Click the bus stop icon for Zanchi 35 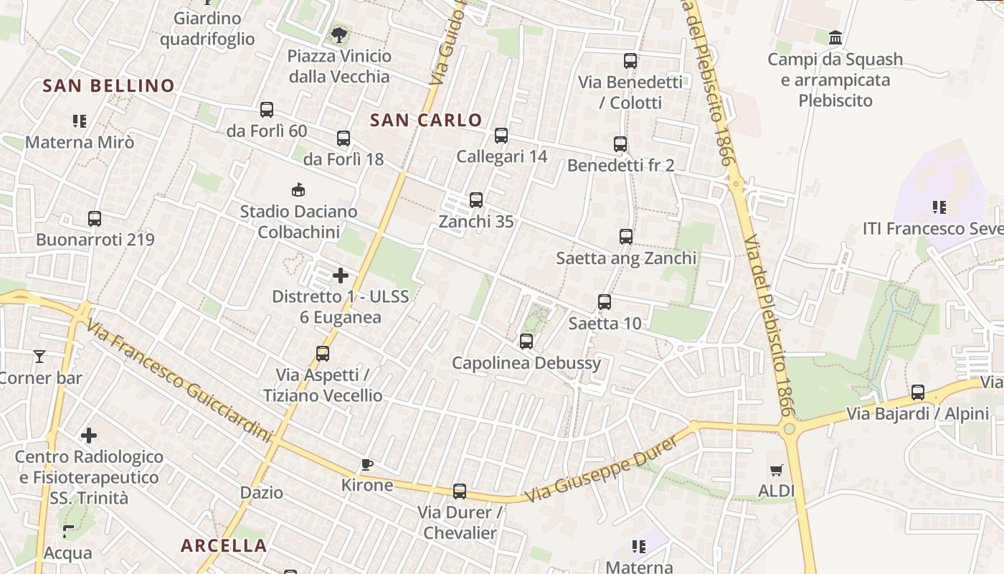[x=476, y=200]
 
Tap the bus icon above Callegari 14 [x=501, y=135]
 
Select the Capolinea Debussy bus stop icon [x=526, y=342]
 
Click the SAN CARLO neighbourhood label [x=426, y=120]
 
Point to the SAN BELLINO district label [x=108, y=85]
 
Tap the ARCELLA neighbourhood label [x=224, y=545]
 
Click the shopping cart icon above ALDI [x=776, y=471]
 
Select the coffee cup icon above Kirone [x=367, y=464]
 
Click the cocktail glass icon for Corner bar [x=39, y=357]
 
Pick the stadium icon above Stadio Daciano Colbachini [x=298, y=190]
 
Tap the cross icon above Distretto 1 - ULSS [x=341, y=275]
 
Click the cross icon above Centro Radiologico [x=89, y=435]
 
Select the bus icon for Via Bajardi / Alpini [x=918, y=392]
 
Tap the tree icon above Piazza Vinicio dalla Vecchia [x=338, y=34]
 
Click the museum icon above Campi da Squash [x=835, y=37]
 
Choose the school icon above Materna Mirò [x=80, y=121]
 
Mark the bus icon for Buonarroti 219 [x=95, y=218]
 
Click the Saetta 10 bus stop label [x=605, y=324]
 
